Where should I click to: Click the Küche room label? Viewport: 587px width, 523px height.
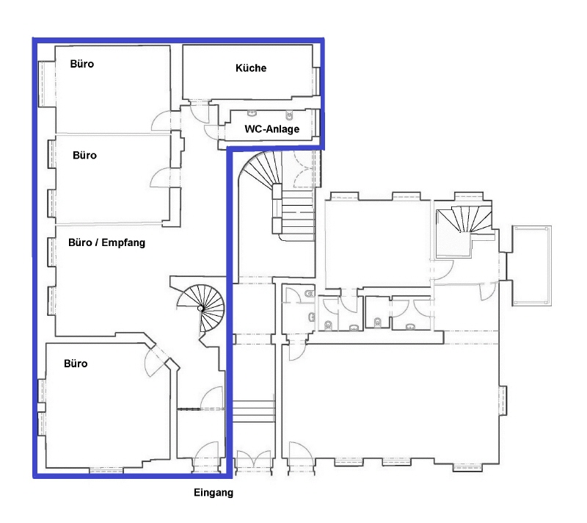[251, 68]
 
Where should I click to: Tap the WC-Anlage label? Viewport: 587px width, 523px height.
[271, 129]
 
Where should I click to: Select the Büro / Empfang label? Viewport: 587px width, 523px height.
[106, 242]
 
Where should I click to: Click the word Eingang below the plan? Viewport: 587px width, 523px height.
[214, 493]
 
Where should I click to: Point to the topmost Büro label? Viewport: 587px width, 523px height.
[82, 64]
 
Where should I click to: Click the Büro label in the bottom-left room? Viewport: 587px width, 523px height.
[76, 364]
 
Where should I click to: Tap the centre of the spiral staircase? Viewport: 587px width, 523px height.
[201, 309]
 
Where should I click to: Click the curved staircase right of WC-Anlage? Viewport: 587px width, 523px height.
[277, 195]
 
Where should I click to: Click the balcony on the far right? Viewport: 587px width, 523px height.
[531, 266]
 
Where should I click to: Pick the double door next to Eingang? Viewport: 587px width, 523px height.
[254, 461]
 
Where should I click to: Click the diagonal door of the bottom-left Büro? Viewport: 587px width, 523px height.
[155, 358]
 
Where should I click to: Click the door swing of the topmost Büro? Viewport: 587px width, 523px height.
[161, 120]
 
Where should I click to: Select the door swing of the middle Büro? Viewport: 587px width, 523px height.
[160, 178]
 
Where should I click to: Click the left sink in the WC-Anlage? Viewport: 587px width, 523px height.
[252, 113]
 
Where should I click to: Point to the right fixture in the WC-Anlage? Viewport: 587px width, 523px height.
[289, 115]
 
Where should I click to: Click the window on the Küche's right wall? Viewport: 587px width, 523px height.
[317, 82]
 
